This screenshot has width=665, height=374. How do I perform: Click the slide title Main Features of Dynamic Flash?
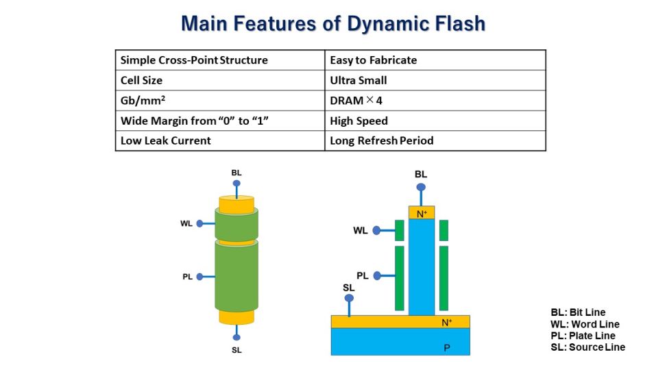click(x=332, y=24)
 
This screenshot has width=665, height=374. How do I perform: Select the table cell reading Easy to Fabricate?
click(x=373, y=60)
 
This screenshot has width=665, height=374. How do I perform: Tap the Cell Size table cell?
click(x=141, y=80)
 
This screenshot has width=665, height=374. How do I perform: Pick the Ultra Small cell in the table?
click(x=359, y=80)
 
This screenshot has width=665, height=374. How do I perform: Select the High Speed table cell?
click(x=359, y=121)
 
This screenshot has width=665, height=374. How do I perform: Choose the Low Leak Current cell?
click(x=165, y=141)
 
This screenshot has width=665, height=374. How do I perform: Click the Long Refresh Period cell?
click(x=381, y=141)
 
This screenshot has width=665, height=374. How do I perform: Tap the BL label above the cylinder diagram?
click(x=237, y=173)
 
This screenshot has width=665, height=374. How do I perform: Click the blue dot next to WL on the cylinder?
click(x=199, y=223)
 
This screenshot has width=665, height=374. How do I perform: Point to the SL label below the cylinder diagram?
click(x=237, y=350)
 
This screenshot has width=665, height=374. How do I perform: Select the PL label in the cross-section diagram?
click(x=363, y=275)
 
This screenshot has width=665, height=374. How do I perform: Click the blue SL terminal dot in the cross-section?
click(x=349, y=299)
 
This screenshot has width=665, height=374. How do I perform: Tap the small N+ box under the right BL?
click(x=422, y=214)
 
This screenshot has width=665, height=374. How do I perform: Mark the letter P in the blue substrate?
click(x=447, y=348)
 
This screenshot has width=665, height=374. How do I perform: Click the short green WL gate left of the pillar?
click(x=399, y=230)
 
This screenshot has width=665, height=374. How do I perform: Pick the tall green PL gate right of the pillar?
click(x=444, y=277)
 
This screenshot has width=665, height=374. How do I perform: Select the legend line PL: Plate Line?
click(x=583, y=336)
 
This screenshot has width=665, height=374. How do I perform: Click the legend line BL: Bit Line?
click(x=578, y=312)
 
